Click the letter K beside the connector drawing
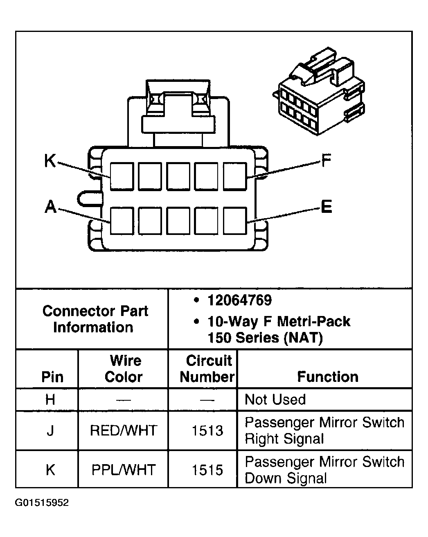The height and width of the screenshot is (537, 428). [x=50, y=161]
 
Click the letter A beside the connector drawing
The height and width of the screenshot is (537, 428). [x=50, y=207]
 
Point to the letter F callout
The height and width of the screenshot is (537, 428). [x=326, y=161]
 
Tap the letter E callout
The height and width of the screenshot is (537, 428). [x=326, y=207]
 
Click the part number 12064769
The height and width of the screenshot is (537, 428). [x=239, y=300]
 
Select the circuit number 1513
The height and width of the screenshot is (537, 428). [x=207, y=431]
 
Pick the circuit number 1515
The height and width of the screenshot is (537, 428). [x=207, y=470]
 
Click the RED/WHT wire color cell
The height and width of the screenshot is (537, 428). [x=124, y=431]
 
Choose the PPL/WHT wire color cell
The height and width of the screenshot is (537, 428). [x=124, y=470]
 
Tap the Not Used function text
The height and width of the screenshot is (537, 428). [x=275, y=399]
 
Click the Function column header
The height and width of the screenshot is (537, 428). [x=327, y=377]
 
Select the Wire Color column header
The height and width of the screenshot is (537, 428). [x=124, y=369]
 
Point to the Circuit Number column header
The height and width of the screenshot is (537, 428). [x=207, y=369]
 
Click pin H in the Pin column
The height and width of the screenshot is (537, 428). [x=50, y=399]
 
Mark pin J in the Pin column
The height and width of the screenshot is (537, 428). [x=50, y=431]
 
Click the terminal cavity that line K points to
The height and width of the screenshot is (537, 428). [x=122, y=176]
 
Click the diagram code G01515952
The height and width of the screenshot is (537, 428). [x=42, y=503]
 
